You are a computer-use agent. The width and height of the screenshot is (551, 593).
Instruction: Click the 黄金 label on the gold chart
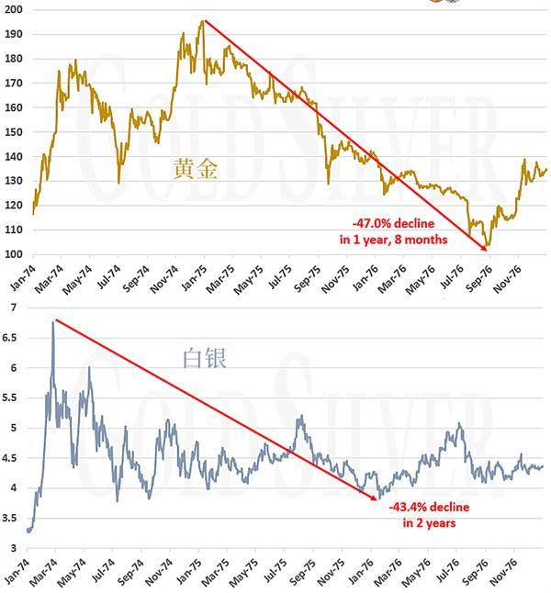(x=196, y=167)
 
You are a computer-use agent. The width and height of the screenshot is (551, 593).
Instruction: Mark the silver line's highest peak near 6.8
(x=53, y=321)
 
